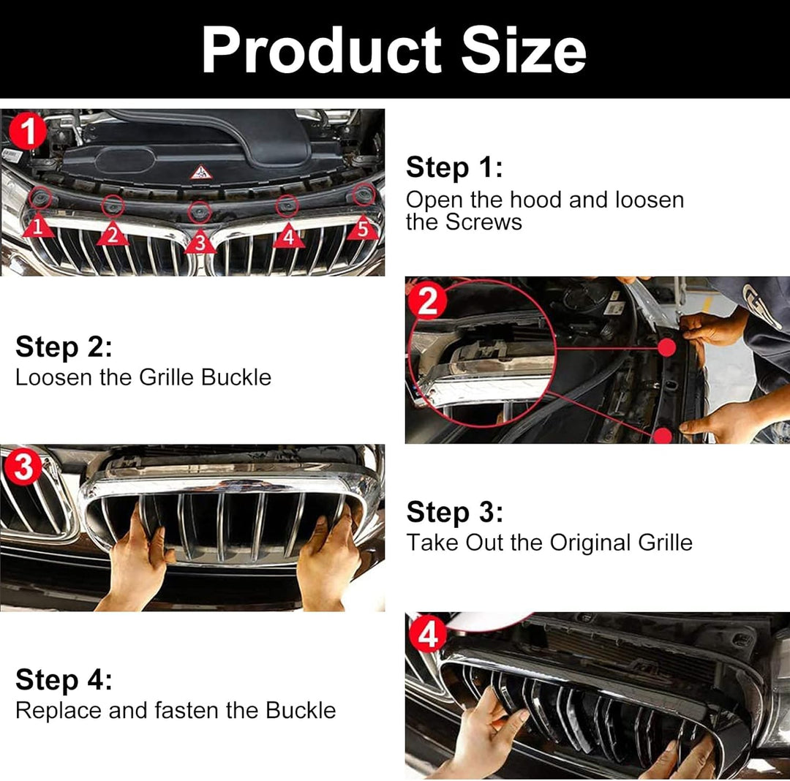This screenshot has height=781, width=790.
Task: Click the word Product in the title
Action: tap(321, 50)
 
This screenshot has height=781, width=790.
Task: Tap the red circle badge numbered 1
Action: tap(28, 130)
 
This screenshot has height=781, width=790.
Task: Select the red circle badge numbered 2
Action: tap(428, 301)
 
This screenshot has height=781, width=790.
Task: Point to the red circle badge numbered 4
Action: tap(428, 635)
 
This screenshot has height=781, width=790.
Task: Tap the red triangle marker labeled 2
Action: tap(113, 234)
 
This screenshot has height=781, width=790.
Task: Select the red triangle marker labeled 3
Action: tap(200, 242)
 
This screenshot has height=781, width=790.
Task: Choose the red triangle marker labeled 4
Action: tap(289, 235)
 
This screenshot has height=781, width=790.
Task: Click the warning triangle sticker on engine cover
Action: tap(201, 172)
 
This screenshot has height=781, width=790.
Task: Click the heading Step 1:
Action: tap(454, 167)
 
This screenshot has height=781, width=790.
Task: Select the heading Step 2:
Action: tap(64, 347)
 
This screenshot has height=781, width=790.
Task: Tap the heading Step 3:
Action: tap(455, 512)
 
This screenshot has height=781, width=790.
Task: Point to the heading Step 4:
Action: tap(64, 680)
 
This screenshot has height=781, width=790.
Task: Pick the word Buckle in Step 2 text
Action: tap(236, 377)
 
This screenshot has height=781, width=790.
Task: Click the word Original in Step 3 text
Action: tap(591, 543)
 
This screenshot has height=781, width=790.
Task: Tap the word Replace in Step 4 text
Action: tap(59, 711)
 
